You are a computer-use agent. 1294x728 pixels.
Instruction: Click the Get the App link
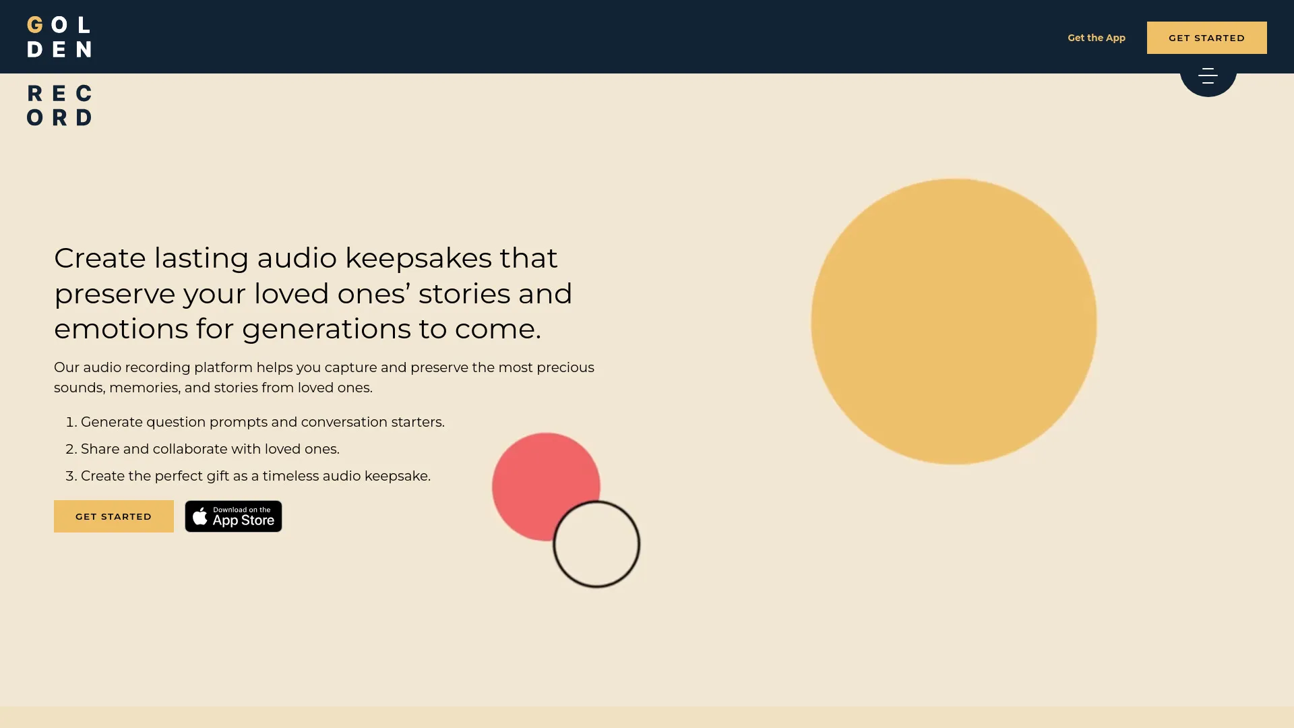[x=1096, y=38]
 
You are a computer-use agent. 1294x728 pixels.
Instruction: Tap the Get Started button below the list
[x=113, y=516]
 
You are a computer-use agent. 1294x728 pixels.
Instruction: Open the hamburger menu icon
[x=1208, y=75]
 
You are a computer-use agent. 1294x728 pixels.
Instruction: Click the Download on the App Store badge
[x=233, y=516]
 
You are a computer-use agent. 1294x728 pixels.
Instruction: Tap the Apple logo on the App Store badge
[x=199, y=516]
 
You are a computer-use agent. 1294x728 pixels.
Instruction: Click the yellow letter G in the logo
[x=35, y=26]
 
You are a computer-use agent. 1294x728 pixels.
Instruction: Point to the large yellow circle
[x=954, y=322]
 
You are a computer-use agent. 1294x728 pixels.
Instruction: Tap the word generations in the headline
[x=326, y=329]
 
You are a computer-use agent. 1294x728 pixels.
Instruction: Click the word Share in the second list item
[x=100, y=449]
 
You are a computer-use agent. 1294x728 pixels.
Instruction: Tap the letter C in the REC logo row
[x=84, y=93]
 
